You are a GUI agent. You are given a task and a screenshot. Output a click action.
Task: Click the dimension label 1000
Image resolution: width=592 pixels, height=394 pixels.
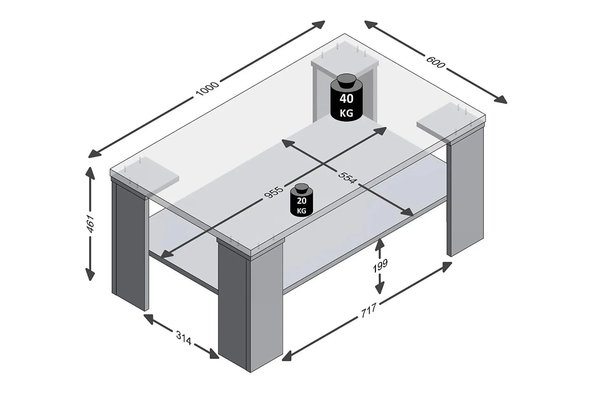[207, 88]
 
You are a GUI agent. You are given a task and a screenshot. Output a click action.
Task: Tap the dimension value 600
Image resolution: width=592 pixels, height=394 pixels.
[435, 62]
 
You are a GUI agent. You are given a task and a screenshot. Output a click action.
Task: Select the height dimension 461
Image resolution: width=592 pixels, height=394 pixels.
[91, 224]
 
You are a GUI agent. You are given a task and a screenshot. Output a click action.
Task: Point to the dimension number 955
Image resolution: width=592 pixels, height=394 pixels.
[273, 192]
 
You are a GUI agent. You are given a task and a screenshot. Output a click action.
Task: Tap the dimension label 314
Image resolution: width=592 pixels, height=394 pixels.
[183, 338]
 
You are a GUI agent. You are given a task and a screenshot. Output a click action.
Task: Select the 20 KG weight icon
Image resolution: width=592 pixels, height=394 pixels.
[301, 200]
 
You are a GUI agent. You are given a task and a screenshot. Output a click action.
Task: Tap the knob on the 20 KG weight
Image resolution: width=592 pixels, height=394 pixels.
[301, 188]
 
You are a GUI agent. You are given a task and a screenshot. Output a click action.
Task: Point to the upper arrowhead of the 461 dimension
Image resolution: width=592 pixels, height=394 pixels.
[90, 173]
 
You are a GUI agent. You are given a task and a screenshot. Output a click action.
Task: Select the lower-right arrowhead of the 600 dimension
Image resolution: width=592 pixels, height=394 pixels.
[500, 100]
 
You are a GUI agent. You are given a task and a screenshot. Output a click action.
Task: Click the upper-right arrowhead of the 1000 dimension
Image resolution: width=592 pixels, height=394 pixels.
[318, 24]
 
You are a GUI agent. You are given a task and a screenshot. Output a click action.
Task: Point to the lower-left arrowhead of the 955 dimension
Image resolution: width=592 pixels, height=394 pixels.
[166, 253]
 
